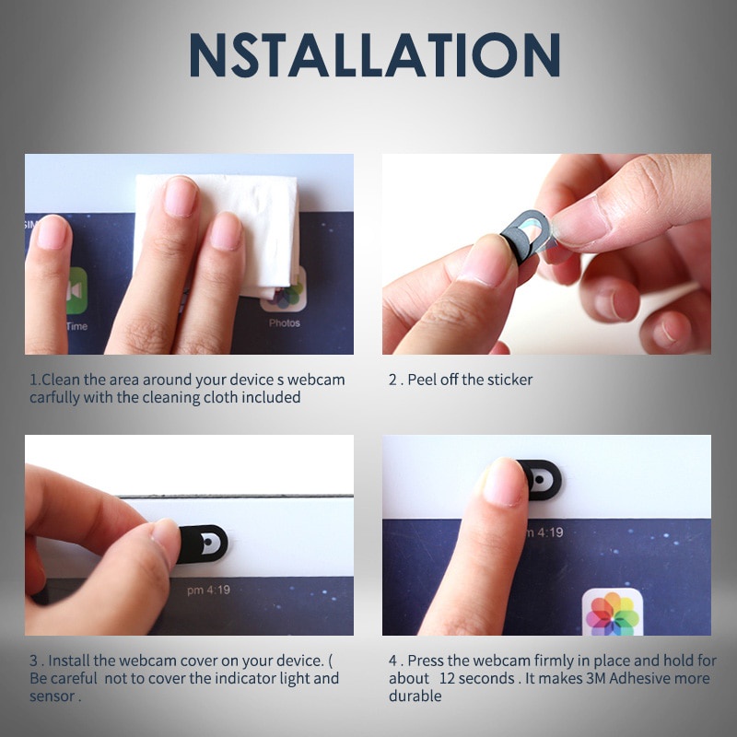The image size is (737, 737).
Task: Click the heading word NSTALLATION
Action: pyautogui.click(x=375, y=55)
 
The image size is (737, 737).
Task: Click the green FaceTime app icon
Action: pyautogui.click(x=76, y=290)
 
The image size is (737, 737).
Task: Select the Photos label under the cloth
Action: pyautogui.click(x=285, y=323)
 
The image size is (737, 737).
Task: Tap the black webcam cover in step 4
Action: pyautogui.click(x=542, y=479)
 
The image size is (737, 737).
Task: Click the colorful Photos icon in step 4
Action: pyautogui.click(x=613, y=612)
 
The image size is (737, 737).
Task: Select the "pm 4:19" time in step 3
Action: pyautogui.click(x=209, y=590)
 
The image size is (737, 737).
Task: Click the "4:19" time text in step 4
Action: pyautogui.click(x=550, y=532)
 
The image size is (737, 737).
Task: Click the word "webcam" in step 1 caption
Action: pyautogui.click(x=316, y=380)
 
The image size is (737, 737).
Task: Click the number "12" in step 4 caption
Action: pyautogui.click(x=448, y=678)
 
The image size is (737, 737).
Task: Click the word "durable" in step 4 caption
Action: pyautogui.click(x=415, y=696)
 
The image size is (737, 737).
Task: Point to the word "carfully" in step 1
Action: pyautogui.click(x=54, y=398)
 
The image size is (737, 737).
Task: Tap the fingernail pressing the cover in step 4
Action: pyautogui.click(x=503, y=483)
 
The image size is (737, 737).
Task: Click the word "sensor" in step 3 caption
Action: pyautogui.click(x=52, y=696)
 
